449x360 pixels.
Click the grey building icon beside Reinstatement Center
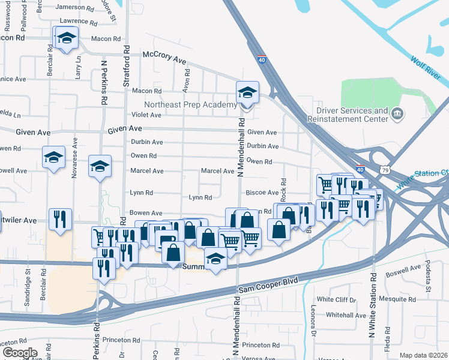[x=397, y=113]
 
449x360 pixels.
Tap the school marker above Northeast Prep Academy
[x=247, y=93]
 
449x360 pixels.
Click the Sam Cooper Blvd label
[x=268, y=285]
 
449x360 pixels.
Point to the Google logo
[x=20, y=353]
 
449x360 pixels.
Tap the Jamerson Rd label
[x=75, y=8]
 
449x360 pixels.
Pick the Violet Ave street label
[x=147, y=115]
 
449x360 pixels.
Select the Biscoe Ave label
[x=262, y=193]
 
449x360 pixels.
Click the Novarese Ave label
[x=75, y=157]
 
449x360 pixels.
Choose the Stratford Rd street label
[x=126, y=67]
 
